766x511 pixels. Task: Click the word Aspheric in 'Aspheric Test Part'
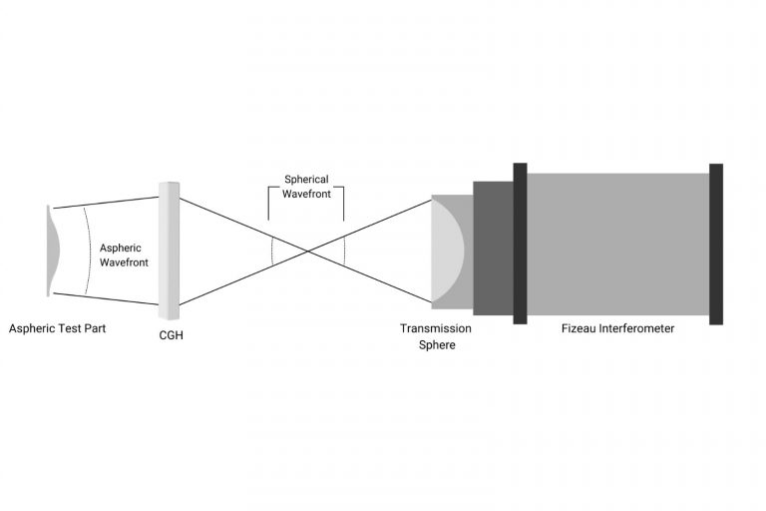(30, 328)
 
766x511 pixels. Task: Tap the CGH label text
(171, 335)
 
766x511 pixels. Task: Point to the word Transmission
(436, 328)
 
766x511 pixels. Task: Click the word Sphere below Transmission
(437, 344)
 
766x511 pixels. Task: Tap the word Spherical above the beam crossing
(306, 180)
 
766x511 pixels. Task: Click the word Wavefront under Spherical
(306, 194)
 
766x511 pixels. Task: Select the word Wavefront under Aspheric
(124, 262)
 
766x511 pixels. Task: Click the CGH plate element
(169, 251)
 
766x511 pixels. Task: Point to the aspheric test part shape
(52, 251)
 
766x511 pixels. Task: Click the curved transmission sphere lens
(448, 251)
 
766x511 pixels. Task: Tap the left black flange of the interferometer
(520, 244)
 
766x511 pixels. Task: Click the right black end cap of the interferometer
(716, 244)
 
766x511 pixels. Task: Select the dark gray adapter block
(493, 249)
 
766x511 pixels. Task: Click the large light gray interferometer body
(618, 244)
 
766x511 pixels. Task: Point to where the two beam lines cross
(308, 252)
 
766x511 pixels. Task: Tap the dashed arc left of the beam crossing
(272, 251)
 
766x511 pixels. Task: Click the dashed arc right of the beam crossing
(344, 251)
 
